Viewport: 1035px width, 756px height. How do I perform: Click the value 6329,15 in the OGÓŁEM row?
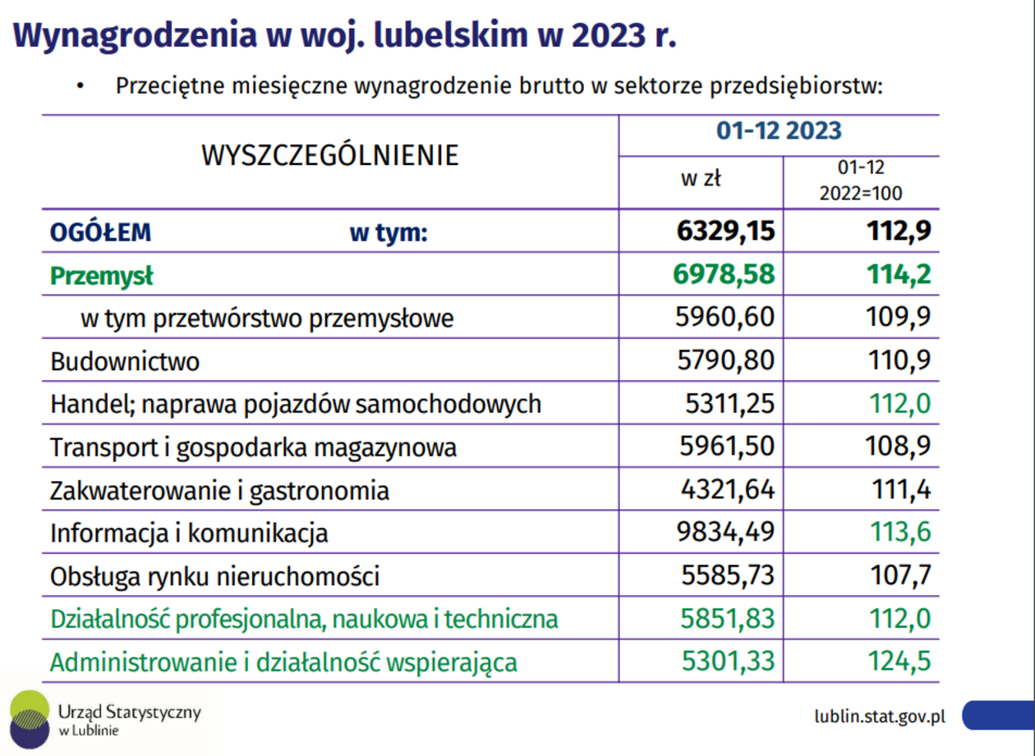725,232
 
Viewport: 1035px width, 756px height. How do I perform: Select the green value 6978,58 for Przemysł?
724,275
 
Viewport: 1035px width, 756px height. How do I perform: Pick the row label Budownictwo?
125,361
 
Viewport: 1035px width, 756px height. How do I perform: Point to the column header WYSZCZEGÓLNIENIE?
329,156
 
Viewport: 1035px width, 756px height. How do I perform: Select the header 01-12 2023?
779,131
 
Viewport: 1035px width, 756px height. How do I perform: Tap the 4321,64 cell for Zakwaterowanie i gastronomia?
727,490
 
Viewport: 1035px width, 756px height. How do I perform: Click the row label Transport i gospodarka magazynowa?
253,447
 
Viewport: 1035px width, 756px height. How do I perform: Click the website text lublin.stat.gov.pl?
880,715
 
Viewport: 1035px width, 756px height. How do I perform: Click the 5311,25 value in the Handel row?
730,404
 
